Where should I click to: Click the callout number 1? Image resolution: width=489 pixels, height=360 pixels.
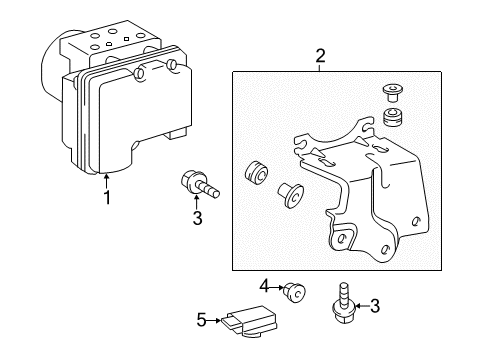[107, 197]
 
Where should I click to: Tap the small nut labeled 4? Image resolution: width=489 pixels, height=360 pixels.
[295, 292]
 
